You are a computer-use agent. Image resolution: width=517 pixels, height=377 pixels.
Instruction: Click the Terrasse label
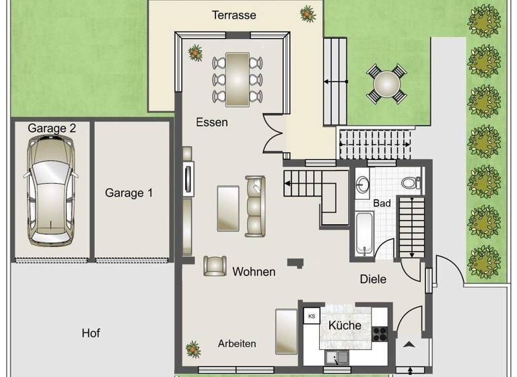click(234, 15)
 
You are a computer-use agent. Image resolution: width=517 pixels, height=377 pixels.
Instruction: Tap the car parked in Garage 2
click(50, 191)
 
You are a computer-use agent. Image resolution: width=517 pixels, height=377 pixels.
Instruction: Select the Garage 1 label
click(129, 193)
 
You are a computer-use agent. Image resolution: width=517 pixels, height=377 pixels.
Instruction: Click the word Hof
click(91, 333)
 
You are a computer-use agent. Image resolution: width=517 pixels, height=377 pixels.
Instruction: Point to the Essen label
click(212, 123)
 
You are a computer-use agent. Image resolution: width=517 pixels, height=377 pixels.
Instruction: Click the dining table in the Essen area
click(237, 79)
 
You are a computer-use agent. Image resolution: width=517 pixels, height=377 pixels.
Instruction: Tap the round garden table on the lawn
click(386, 84)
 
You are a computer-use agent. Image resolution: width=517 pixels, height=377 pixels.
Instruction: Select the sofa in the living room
click(255, 206)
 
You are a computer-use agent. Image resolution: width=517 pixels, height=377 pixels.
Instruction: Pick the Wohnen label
click(254, 272)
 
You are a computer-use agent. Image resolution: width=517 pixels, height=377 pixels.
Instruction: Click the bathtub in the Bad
click(364, 234)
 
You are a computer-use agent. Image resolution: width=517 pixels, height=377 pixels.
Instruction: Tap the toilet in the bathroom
click(410, 182)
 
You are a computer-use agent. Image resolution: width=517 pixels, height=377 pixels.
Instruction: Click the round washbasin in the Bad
click(364, 184)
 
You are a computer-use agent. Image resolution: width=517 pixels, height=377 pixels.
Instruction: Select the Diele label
click(373, 279)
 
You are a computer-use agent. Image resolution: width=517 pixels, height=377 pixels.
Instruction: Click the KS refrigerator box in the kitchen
click(311, 316)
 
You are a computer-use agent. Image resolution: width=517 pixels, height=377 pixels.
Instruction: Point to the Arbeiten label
click(237, 343)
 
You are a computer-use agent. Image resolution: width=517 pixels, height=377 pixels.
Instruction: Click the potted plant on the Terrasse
click(308, 11)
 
